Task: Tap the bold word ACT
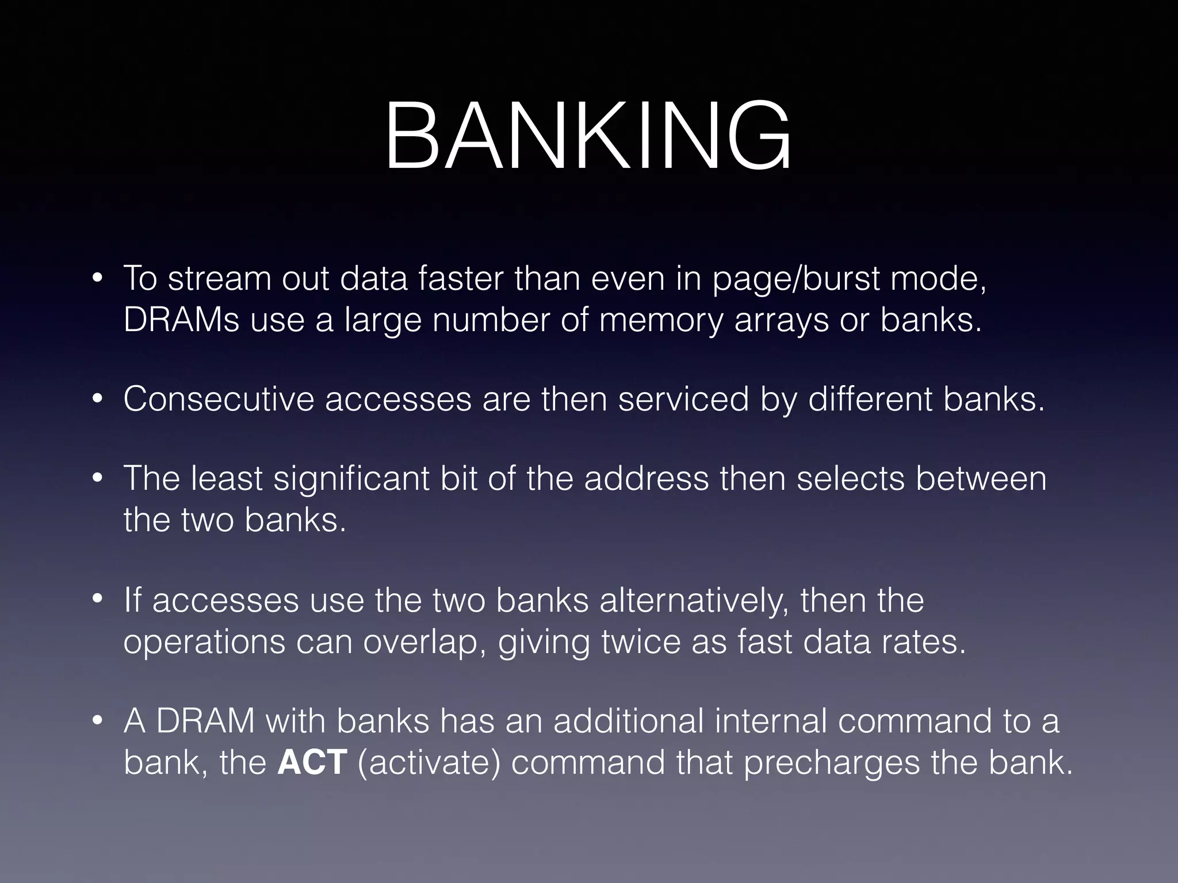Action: click(x=312, y=762)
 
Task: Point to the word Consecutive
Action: click(x=219, y=398)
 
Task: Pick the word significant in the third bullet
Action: click(x=350, y=479)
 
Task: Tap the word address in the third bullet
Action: click(x=647, y=478)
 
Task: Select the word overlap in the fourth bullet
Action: click(x=428, y=642)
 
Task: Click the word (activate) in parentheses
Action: click(x=429, y=763)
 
